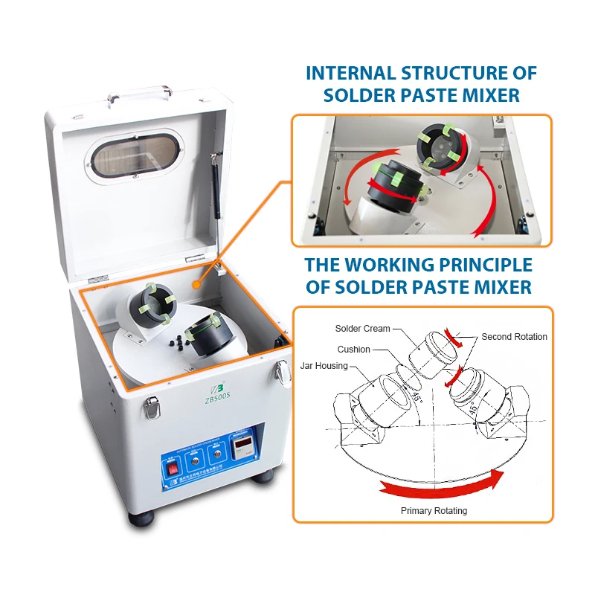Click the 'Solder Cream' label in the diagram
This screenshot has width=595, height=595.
(362, 328)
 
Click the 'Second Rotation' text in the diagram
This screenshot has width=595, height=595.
(514, 337)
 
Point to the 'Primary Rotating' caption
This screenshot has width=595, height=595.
(434, 511)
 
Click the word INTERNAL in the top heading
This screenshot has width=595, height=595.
(350, 74)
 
